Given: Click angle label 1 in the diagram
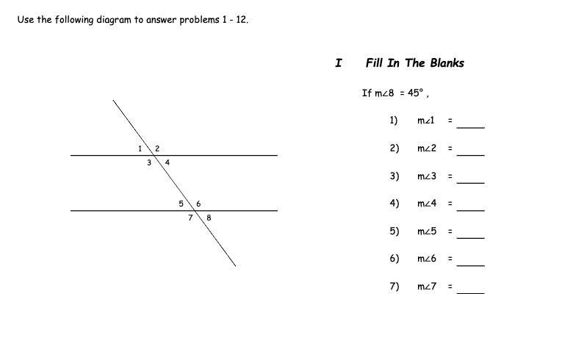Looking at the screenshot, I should point(140,148).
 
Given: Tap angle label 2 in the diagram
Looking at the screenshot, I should point(157,148).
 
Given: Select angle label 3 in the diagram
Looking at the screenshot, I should point(148,162).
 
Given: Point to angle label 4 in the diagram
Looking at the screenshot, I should point(167,162).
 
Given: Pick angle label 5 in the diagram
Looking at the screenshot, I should point(181,204).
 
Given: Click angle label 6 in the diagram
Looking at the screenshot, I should point(198,204).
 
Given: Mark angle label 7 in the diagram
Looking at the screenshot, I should point(190,217).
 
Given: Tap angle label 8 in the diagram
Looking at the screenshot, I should point(209,217).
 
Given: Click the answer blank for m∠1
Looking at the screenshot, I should point(471,125).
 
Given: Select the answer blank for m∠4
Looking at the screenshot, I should point(471,208).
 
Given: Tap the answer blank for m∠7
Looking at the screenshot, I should point(471,291).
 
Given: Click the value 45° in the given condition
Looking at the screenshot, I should point(416,93).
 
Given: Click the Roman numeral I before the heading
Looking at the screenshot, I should point(338,63).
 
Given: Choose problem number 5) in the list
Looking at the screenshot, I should point(394,231).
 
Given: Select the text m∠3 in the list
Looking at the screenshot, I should point(427,176).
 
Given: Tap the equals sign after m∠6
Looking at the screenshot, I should point(450,259).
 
